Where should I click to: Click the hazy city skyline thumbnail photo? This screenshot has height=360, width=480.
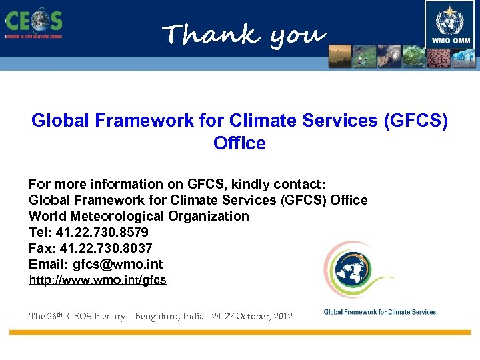tap(340, 57)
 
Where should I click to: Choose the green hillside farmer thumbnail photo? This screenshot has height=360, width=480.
tap(365, 57)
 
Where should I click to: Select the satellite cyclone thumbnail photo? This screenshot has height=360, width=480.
tap(389, 57)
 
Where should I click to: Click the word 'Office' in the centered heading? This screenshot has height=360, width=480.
tap(239, 143)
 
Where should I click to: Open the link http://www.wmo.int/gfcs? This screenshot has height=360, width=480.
tap(97, 280)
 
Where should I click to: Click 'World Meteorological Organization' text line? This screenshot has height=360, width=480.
tap(139, 216)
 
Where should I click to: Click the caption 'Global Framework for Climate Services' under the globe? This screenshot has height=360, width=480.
tap(379, 312)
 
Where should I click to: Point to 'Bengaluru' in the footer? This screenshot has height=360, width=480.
tap(163, 316)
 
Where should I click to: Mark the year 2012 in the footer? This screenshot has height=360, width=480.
tap(281, 316)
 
